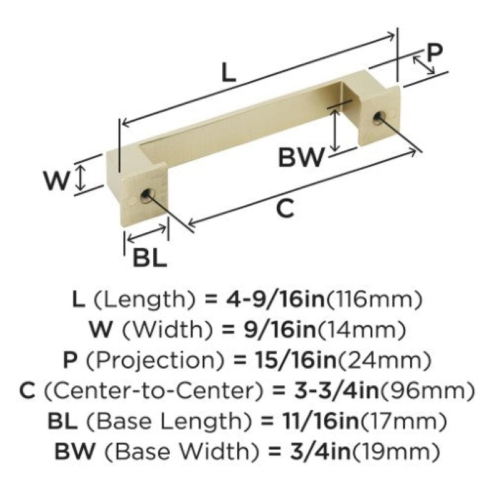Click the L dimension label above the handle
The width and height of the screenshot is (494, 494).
(x=228, y=72)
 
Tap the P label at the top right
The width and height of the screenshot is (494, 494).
(x=435, y=52)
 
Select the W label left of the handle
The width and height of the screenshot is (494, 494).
(x=57, y=181)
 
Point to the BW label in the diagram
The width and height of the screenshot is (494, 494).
(x=301, y=158)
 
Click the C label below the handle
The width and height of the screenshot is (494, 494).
(x=285, y=209)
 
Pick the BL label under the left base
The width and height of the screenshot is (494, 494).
(x=149, y=257)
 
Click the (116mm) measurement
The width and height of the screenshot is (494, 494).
(x=374, y=299)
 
